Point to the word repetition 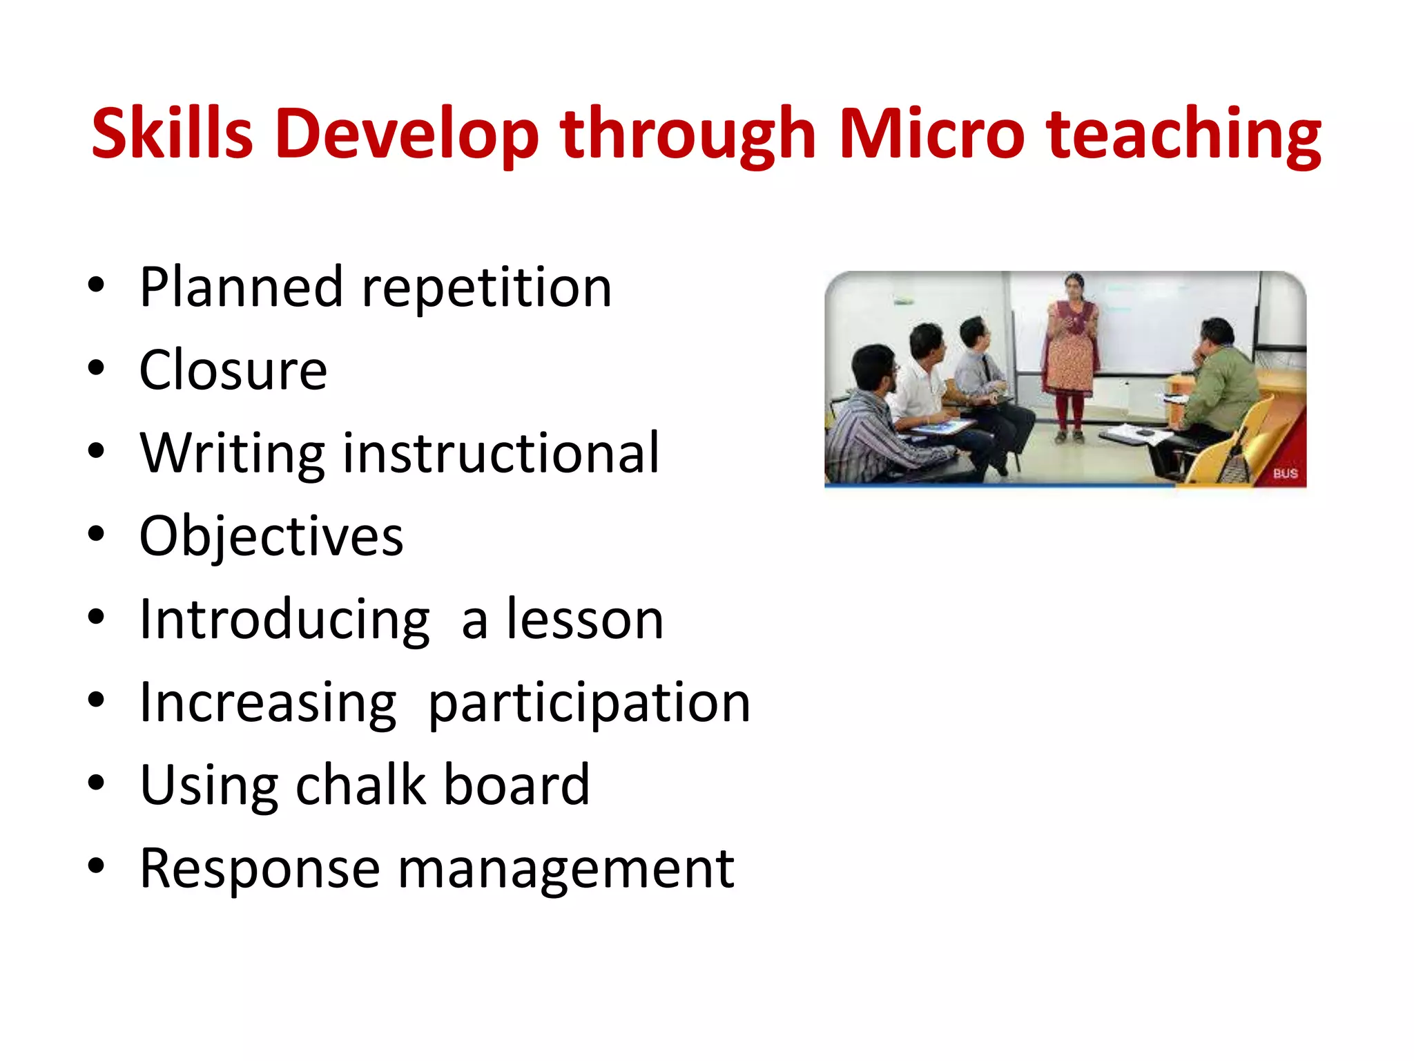coord(487,287)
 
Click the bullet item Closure coord(233,370)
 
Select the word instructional coord(501,453)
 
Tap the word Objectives coord(271,537)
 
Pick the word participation coord(589,703)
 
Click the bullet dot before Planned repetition coord(96,285)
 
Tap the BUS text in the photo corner coord(1285,474)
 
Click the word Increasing coord(268,703)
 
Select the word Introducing coord(284,620)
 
